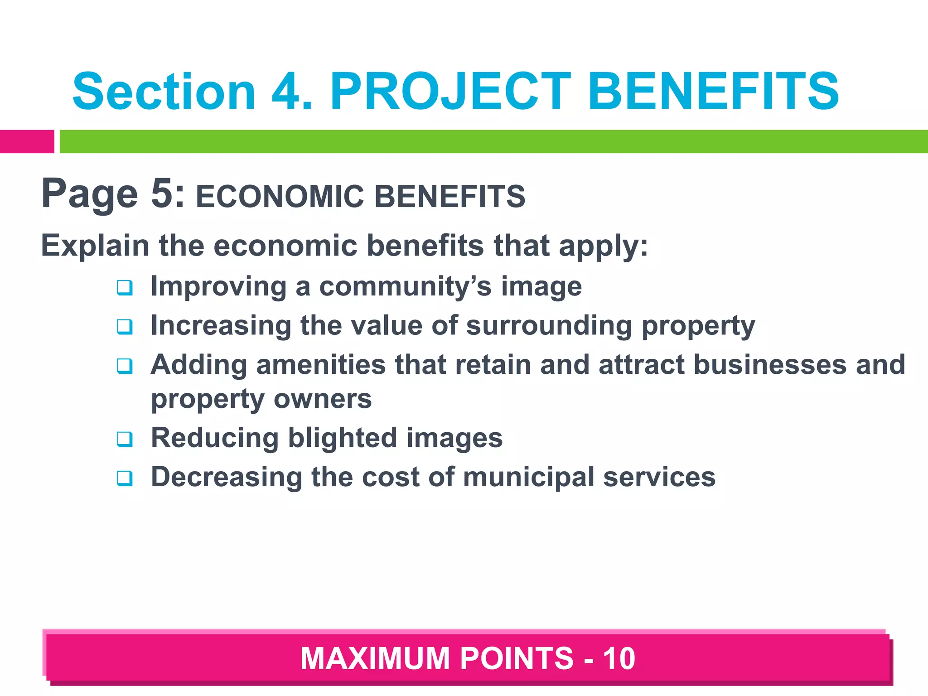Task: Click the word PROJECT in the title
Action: tap(450, 92)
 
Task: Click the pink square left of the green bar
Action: tap(27, 141)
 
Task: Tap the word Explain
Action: tap(95, 246)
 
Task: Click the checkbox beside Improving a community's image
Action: tap(125, 288)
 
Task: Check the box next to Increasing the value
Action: tap(125, 327)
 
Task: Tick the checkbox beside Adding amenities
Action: tap(125, 366)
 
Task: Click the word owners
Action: tap(323, 399)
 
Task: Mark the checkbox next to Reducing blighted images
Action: tap(125, 439)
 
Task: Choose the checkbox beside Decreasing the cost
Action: tap(125, 478)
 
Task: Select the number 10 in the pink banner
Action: tap(619, 658)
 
